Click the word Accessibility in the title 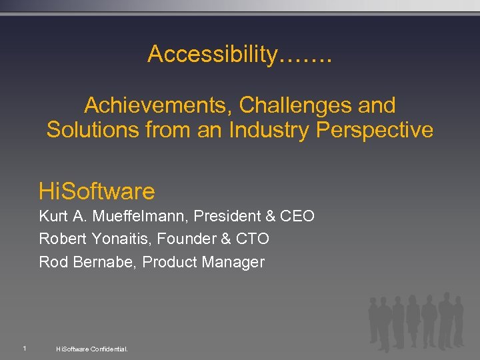pyautogui.click(x=211, y=55)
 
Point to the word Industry pyautogui.click(x=269, y=129)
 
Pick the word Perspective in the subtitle pyautogui.click(x=375, y=129)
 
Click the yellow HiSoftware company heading pyautogui.click(x=97, y=192)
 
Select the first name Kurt pyautogui.click(x=53, y=216)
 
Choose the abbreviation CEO pyautogui.click(x=297, y=216)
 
